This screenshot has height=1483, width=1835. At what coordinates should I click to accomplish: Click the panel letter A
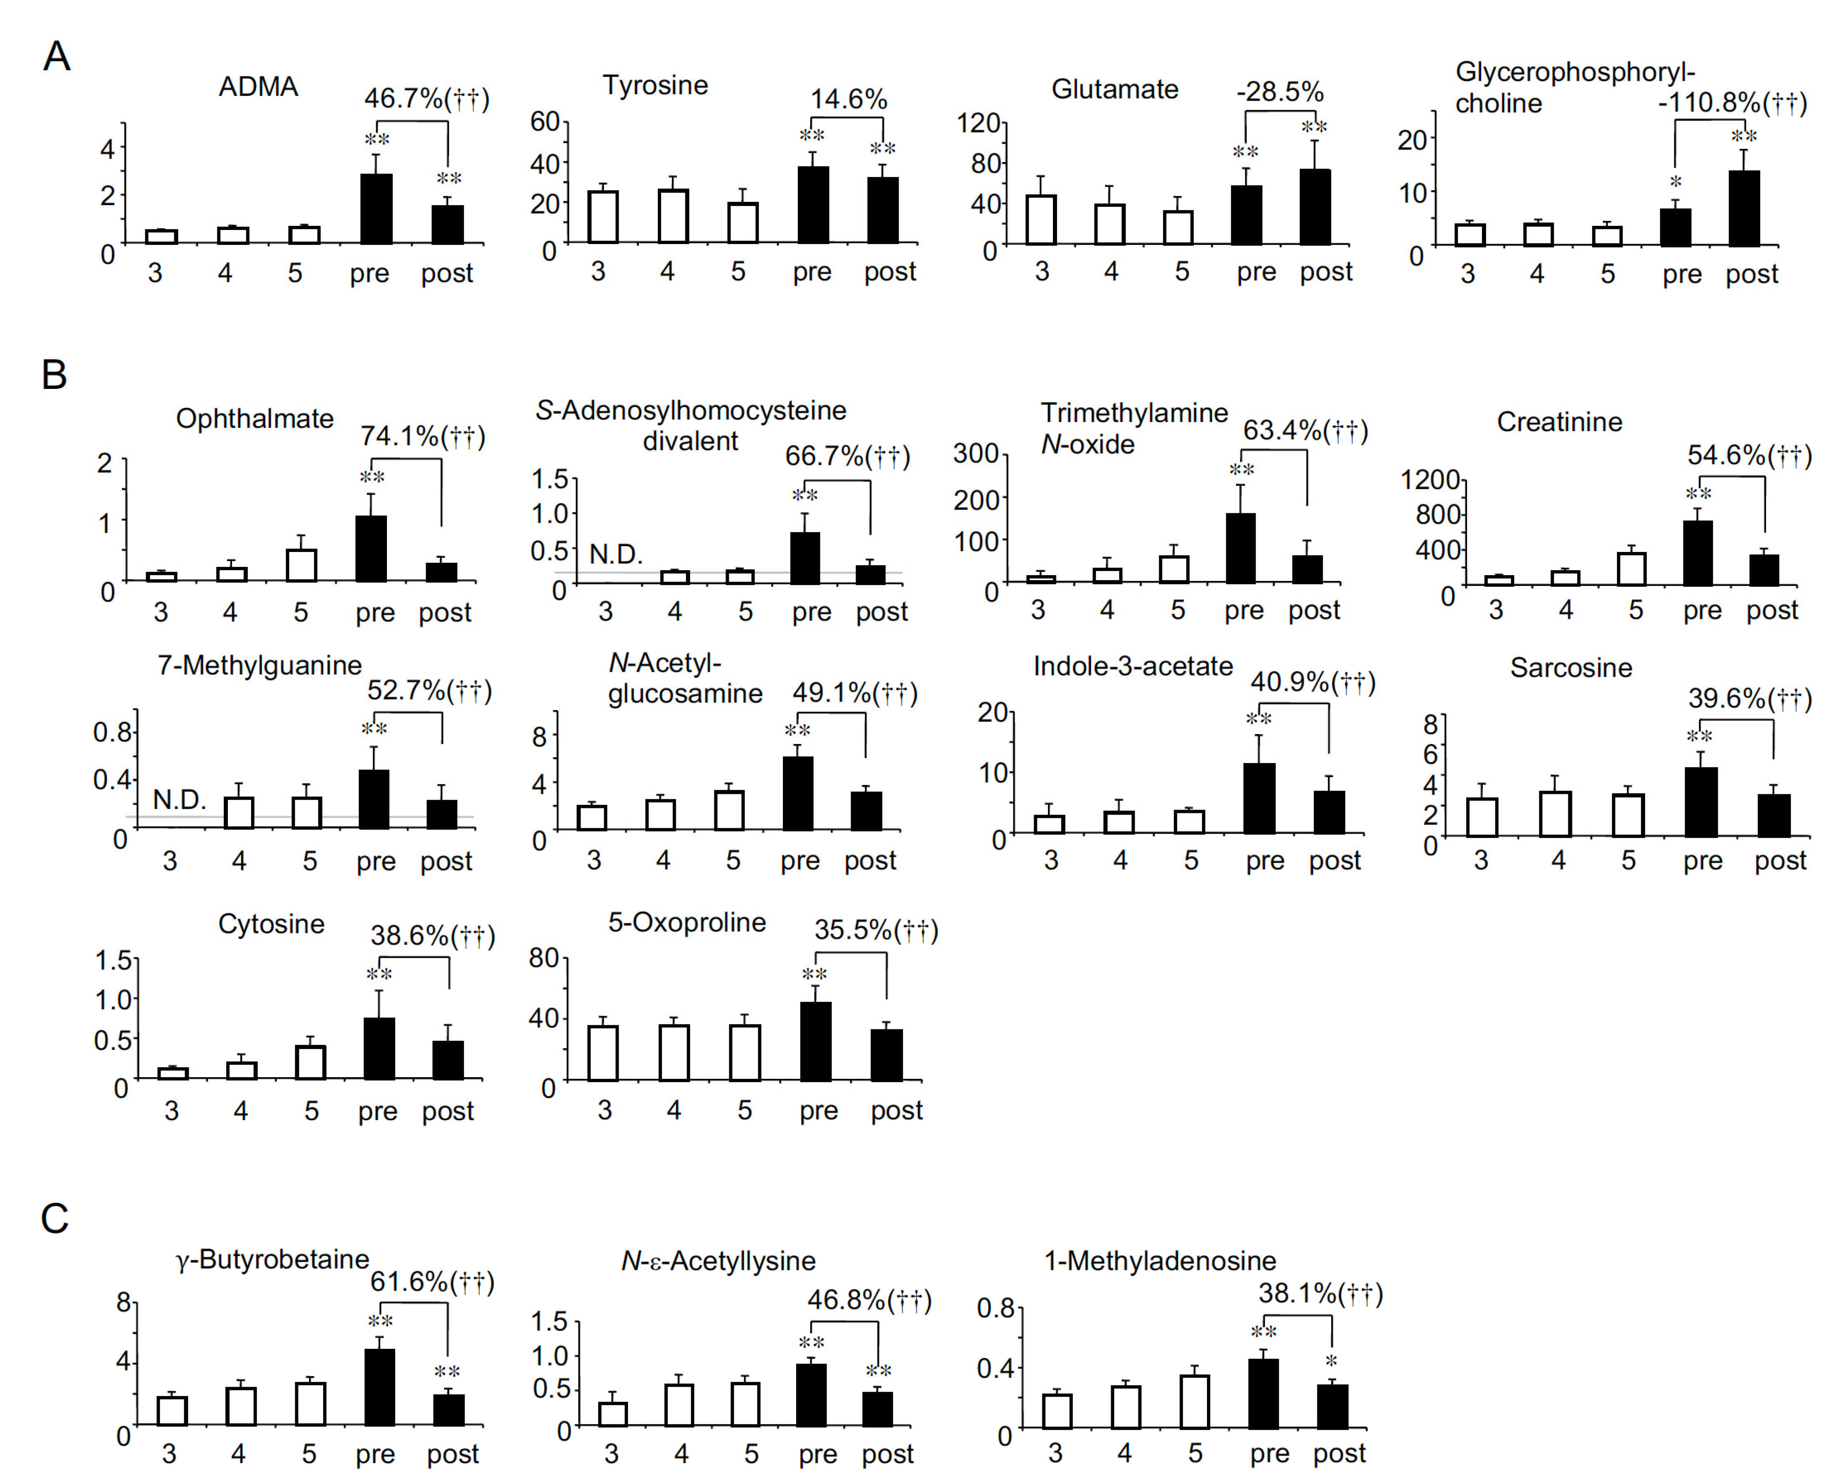tap(57, 57)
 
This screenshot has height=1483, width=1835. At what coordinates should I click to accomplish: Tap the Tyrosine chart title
tap(655, 85)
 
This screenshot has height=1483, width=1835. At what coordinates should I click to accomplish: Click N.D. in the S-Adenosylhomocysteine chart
tap(616, 554)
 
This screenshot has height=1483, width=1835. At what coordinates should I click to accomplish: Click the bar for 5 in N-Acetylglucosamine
tap(729, 810)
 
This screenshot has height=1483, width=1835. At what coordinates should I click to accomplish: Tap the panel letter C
tap(55, 1219)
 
